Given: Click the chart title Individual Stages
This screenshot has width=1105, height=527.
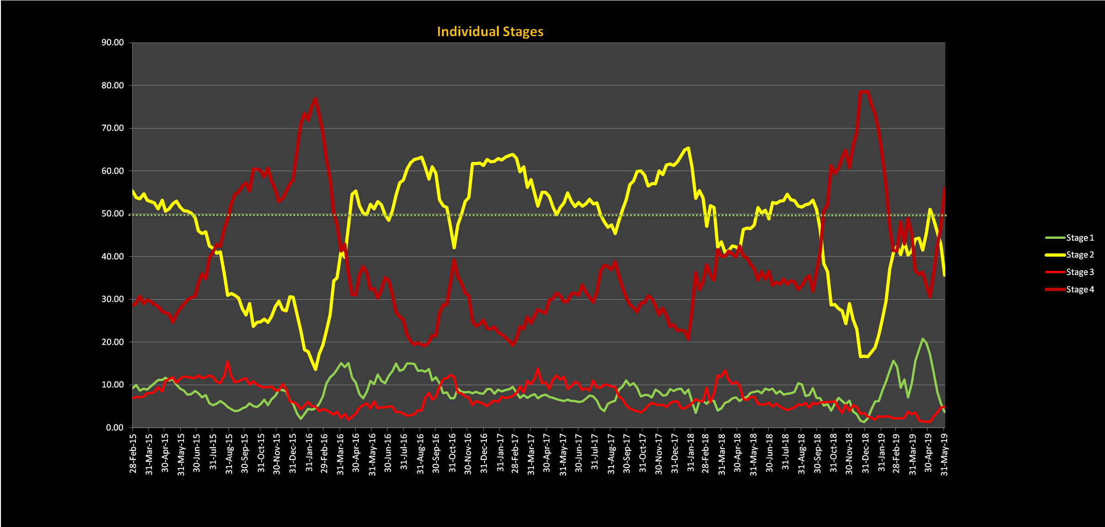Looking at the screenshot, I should pyautogui.click(x=490, y=32).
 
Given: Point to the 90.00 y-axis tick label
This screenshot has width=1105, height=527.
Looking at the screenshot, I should pyautogui.click(x=113, y=43).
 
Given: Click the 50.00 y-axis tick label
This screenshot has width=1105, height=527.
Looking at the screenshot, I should pyautogui.click(x=113, y=214).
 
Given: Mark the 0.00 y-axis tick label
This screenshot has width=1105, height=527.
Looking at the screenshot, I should pyautogui.click(x=114, y=428).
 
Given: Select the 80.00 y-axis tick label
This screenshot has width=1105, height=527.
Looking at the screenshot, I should pyautogui.click(x=113, y=86).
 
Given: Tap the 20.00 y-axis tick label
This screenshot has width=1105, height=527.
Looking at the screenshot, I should pyautogui.click(x=113, y=342).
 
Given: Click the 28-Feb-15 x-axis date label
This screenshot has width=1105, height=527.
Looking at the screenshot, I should pyautogui.click(x=133, y=453).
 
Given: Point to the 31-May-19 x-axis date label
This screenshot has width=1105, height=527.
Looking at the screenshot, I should pyautogui.click(x=944, y=453).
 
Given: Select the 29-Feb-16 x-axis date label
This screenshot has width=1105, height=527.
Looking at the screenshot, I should pyautogui.click(x=324, y=453).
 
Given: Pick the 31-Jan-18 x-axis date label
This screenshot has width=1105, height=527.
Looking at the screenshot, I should pyautogui.click(x=690, y=453).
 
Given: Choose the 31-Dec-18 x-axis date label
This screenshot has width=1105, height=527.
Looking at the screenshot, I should pyautogui.click(x=865, y=453).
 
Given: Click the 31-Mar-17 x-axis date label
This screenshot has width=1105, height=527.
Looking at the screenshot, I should pyautogui.click(x=531, y=453).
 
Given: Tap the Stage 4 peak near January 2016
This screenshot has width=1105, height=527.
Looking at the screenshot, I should pyautogui.click(x=316, y=98).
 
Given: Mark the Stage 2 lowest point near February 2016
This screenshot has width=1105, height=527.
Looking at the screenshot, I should pyautogui.click(x=316, y=369).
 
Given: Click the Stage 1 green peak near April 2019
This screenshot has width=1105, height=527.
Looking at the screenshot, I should pyautogui.click(x=922, y=339).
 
